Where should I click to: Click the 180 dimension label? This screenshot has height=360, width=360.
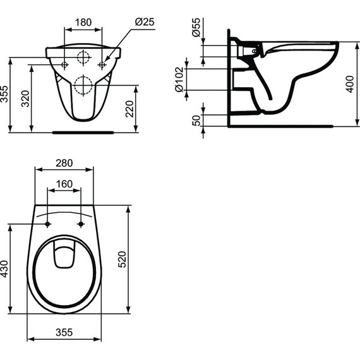[x=83, y=22]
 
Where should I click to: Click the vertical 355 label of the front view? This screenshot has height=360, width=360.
[x=6, y=95]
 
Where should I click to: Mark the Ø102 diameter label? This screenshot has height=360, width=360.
[x=179, y=80]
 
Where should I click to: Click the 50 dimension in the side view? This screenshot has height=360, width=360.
[x=196, y=120]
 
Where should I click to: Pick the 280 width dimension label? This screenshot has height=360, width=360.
[x=64, y=163]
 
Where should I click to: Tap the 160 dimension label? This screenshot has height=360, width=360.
[x=64, y=184]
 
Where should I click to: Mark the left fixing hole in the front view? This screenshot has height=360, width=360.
[x=66, y=65]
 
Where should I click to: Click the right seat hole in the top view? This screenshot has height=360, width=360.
[x=81, y=224]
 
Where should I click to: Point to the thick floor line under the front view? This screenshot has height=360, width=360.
[x=83, y=133]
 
